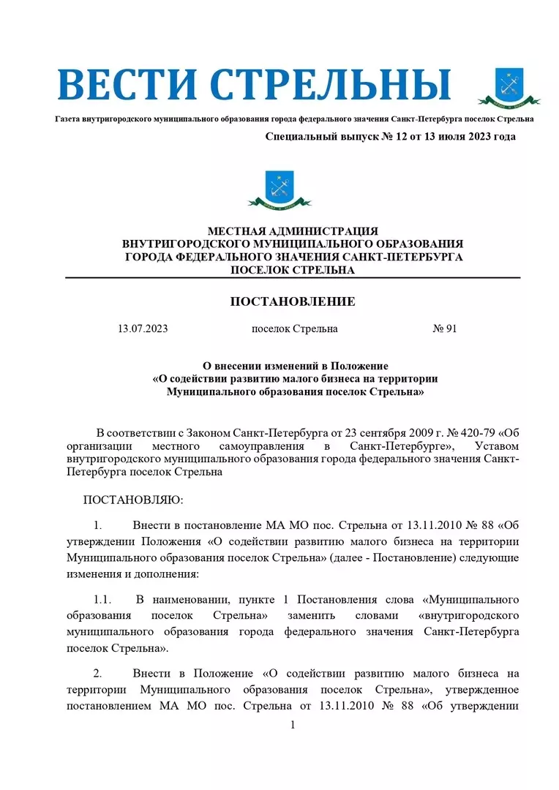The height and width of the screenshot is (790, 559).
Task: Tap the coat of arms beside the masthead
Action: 509,87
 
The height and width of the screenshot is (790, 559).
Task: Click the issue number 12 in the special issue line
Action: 381,137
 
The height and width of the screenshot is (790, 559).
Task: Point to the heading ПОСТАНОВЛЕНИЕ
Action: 293,301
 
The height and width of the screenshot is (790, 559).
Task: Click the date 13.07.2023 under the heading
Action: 143,329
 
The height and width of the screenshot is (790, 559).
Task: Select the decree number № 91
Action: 445,329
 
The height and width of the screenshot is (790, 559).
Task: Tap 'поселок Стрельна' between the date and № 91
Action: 294,329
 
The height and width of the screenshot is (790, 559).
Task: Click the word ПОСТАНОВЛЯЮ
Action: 133,500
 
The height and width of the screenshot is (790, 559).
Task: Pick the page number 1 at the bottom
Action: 293,725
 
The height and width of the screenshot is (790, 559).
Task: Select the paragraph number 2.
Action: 97,673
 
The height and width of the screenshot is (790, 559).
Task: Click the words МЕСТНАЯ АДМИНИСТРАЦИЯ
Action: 293,231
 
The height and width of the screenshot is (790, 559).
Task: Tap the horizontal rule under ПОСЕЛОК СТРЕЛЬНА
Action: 293,278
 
